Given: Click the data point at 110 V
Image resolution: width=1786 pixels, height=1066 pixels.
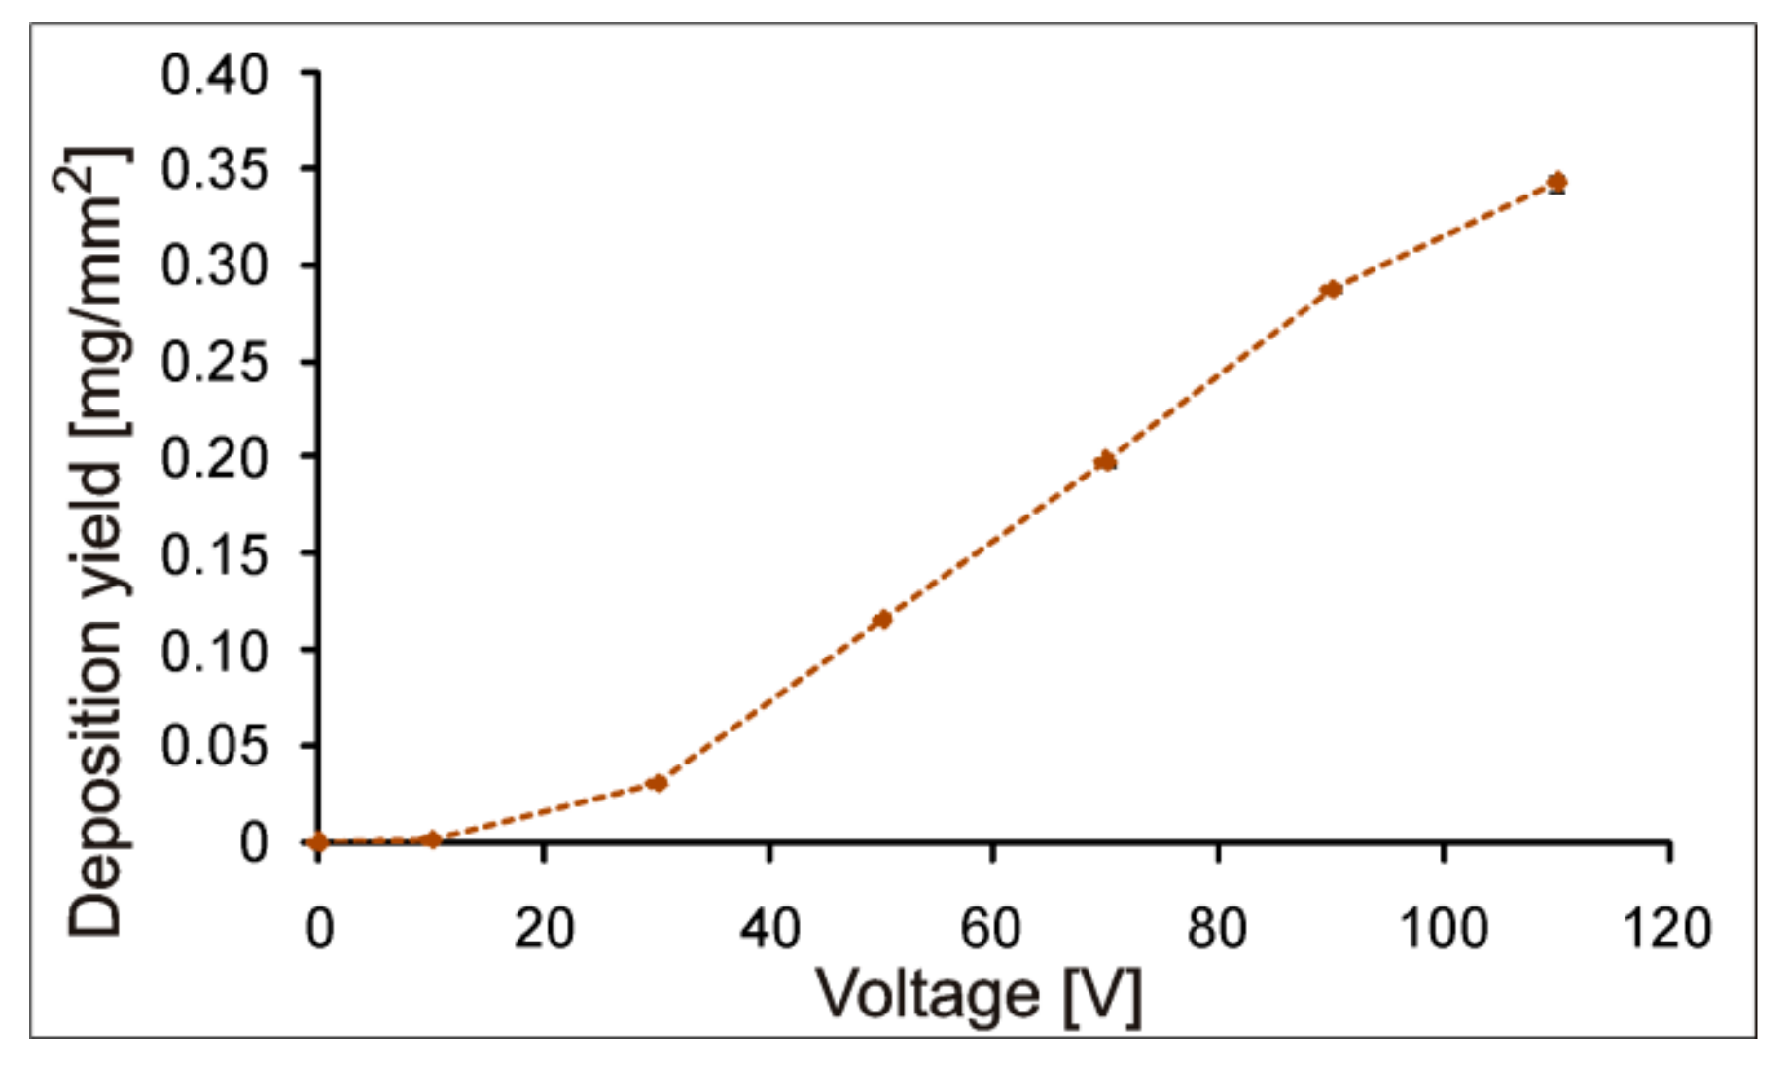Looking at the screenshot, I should click(x=1556, y=182).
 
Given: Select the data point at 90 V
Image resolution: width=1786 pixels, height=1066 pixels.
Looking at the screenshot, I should click(x=1332, y=289).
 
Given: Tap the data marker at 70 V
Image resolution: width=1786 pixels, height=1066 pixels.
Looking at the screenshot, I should click(x=1105, y=461).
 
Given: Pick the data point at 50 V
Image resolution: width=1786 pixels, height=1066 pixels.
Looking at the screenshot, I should click(x=882, y=620).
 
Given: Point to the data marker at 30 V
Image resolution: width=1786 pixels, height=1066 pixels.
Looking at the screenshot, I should click(x=658, y=783).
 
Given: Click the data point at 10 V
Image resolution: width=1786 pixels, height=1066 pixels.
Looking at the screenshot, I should click(x=433, y=839).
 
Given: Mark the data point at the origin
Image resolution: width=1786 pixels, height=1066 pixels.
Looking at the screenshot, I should click(x=318, y=842).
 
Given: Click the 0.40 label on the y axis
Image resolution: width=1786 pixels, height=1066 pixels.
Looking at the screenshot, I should click(x=214, y=75).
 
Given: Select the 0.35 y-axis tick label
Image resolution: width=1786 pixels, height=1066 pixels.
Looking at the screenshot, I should click(x=214, y=170).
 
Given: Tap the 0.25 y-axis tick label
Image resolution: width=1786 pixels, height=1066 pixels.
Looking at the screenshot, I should click(x=214, y=363).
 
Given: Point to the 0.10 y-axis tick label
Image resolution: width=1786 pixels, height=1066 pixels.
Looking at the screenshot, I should click(x=214, y=651).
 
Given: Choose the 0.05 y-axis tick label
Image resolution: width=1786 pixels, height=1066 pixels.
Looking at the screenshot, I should click(x=214, y=746).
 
